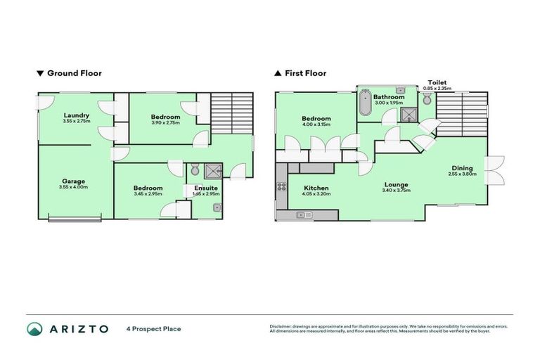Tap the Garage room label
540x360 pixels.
point(73,181)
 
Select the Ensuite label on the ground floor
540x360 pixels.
point(206,188)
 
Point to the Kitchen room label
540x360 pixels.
point(316,188)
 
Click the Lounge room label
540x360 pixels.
point(396,185)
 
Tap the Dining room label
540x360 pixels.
point(462,168)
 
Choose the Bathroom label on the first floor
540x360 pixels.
point(388,97)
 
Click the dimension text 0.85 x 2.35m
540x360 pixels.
point(437,89)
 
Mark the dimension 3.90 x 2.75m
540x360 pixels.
point(165,122)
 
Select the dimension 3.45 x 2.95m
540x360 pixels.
point(148,193)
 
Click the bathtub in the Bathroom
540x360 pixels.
point(364,103)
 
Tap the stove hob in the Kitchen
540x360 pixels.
point(281,187)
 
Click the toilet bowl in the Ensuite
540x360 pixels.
point(195,169)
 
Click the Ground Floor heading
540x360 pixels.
point(70,72)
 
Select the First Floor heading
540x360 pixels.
point(300,72)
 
